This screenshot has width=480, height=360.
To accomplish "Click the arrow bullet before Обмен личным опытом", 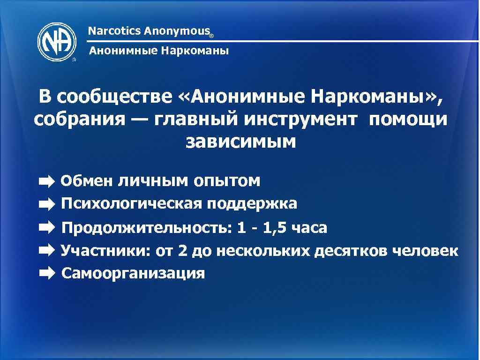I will tap(47, 180).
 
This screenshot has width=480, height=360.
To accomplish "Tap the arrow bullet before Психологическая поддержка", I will tap(47, 204).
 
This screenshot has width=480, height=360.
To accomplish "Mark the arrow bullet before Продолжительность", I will tap(47, 228).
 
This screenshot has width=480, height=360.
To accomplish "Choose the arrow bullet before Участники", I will tap(47, 251).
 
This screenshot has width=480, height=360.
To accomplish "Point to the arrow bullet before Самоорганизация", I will tap(47, 273).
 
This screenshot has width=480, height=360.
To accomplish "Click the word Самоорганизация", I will tap(133, 273).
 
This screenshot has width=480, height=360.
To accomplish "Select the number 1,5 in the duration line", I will tap(275, 228).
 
